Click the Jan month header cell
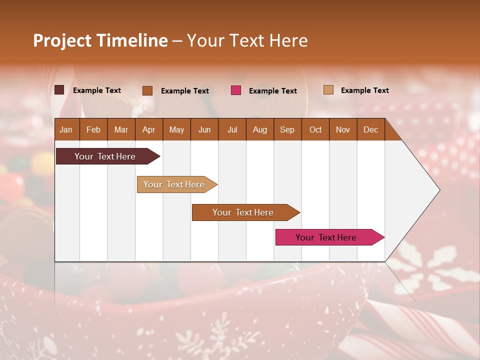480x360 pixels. click(x=66, y=129)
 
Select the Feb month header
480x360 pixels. click(x=93, y=129)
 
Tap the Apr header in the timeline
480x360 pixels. click(x=148, y=129)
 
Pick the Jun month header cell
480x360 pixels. click(x=204, y=129)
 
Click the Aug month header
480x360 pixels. click(x=259, y=129)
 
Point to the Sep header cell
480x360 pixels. click(x=287, y=129)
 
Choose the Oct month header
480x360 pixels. click(x=315, y=129)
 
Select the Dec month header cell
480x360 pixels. click(x=370, y=129)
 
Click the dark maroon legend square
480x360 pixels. click(x=59, y=90)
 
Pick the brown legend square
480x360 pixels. click(x=147, y=90)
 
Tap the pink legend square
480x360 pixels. click(x=236, y=90)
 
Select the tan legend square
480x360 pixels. click(x=328, y=90)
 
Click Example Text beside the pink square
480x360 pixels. click(x=273, y=91)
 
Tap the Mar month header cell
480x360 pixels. click(x=121, y=129)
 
